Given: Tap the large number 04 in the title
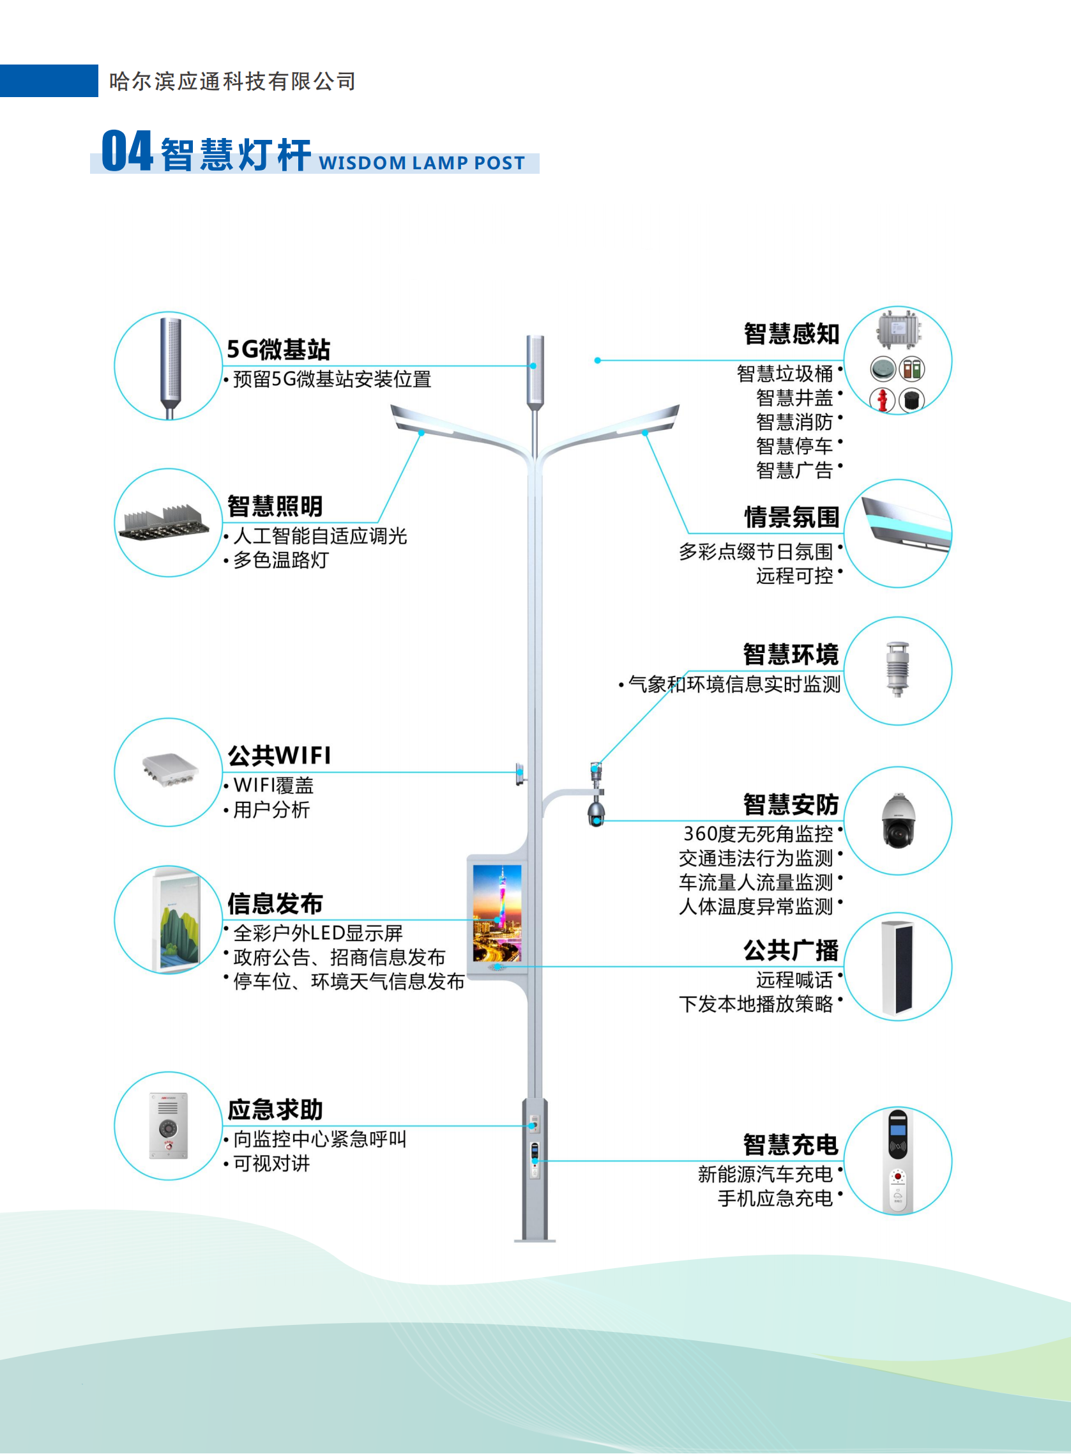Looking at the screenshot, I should point(127,152).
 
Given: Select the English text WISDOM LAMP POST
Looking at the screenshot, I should point(422,163).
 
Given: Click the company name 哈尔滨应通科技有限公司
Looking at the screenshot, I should point(232,82).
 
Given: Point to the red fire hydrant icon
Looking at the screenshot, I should point(882,399).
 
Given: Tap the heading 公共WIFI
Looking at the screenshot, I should point(279,756).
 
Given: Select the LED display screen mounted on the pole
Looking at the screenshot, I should point(498,912).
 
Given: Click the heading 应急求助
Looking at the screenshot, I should point(275,1110).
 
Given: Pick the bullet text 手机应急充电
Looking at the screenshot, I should point(775,1198).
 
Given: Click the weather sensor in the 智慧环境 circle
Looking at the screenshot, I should point(898,670).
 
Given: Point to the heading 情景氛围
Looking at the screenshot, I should point(791,517).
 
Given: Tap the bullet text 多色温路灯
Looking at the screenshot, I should point(281,560).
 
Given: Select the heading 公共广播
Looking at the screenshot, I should point(791,951).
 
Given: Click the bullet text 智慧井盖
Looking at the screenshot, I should point(794,397).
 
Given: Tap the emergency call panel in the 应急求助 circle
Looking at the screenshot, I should point(169,1125).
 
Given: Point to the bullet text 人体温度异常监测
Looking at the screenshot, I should point(756,907).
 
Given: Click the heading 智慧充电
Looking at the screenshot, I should point(791,1145).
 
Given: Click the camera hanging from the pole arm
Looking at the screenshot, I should point(596,813).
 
